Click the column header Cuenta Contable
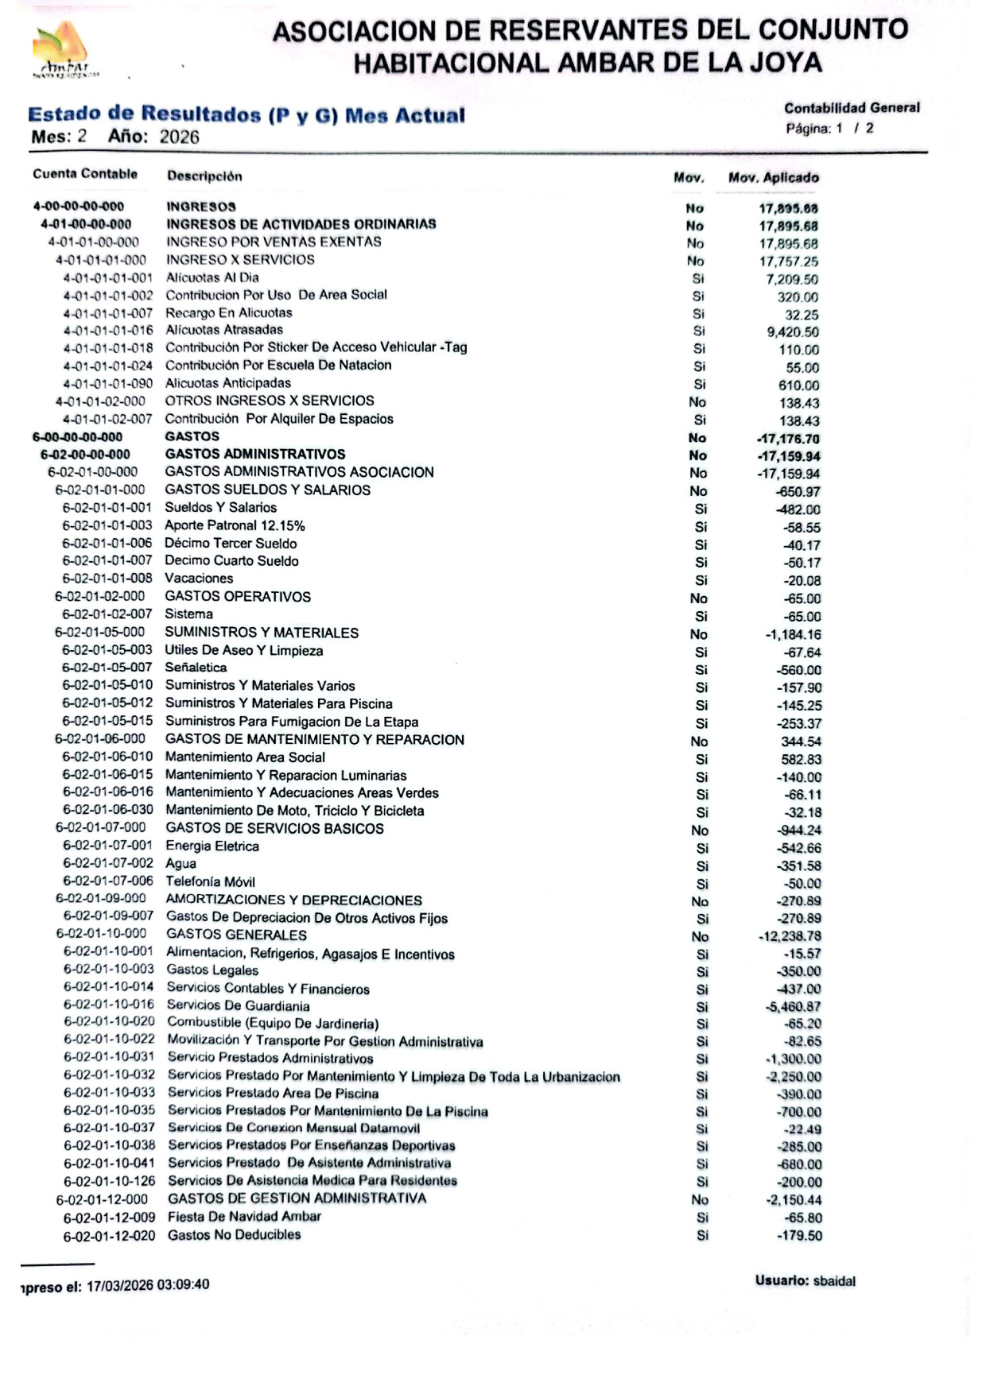[85, 174]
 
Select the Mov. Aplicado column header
[773, 178]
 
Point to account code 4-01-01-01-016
[108, 331]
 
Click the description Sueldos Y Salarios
[221, 508]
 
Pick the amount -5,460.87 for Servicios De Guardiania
[793, 1007]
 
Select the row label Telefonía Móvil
[210, 881]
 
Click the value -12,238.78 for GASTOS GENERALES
[790, 936]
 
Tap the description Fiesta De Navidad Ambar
[244, 1217]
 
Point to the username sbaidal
[834, 1281]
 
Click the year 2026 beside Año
[179, 137]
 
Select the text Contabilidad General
[852, 108]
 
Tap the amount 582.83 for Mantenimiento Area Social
[801, 760]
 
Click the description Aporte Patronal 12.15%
[235, 526]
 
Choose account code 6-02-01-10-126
[110, 1181]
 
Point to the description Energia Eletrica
[212, 846]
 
